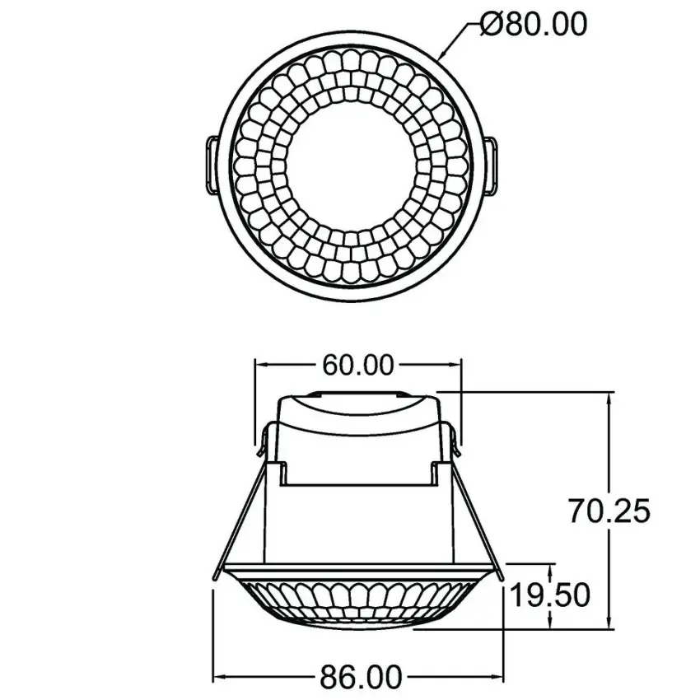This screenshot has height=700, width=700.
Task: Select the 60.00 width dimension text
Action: click(x=357, y=365)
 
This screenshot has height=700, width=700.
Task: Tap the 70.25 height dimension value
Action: click(x=609, y=511)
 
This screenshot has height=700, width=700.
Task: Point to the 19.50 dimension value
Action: click(x=549, y=594)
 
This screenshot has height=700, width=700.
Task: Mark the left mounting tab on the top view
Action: click(x=210, y=165)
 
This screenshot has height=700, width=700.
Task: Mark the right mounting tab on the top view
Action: click(x=491, y=165)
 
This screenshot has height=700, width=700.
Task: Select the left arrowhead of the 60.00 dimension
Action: click(x=262, y=365)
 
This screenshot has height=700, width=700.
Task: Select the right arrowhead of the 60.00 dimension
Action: click(x=454, y=365)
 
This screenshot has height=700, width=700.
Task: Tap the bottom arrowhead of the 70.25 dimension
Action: click(x=609, y=623)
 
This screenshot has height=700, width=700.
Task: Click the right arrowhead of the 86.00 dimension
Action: click(x=496, y=678)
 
